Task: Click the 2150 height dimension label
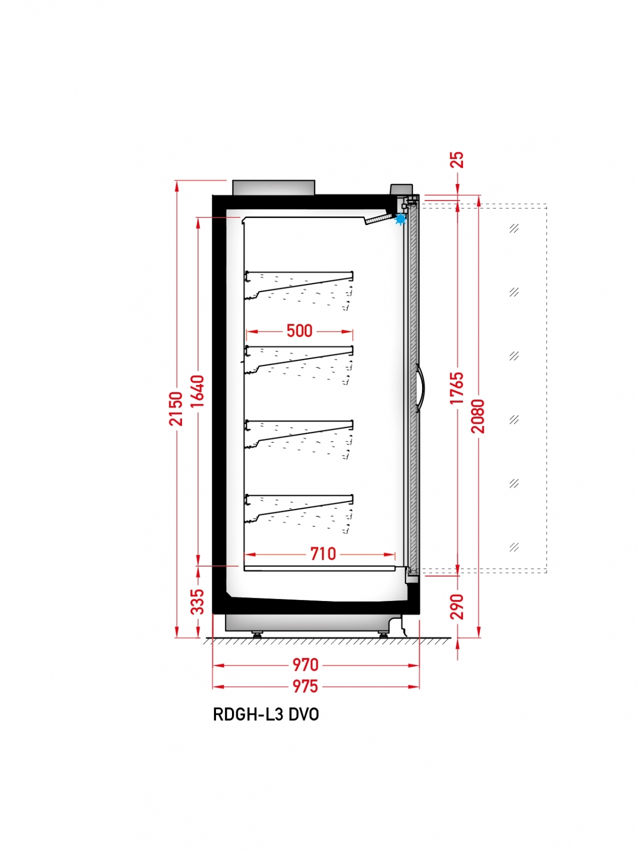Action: [x=176, y=408]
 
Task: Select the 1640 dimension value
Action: [x=197, y=391]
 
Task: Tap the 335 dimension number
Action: [x=197, y=602]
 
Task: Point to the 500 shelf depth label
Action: [x=300, y=331]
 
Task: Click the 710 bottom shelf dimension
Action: [x=323, y=554]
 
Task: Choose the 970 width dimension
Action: [x=305, y=665]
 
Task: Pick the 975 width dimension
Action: [x=305, y=686]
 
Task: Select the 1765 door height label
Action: [x=457, y=388]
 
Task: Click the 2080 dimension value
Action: [x=478, y=416]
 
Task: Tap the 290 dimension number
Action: [x=457, y=606]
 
